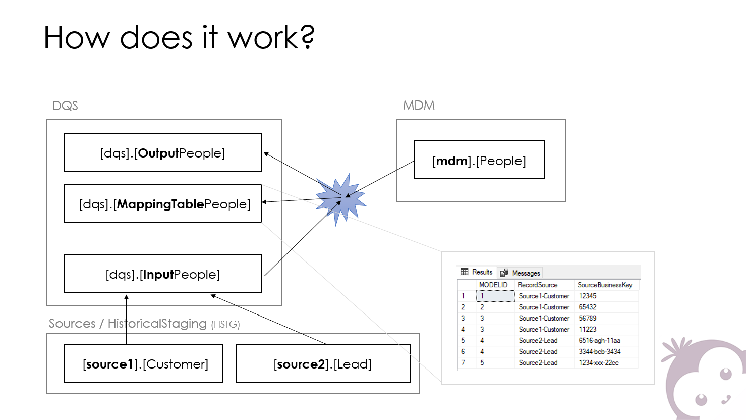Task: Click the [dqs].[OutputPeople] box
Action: [162, 152]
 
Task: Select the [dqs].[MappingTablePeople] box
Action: [162, 203]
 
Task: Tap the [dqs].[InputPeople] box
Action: [162, 274]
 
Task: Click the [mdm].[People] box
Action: [479, 160]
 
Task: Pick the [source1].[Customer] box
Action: [144, 363]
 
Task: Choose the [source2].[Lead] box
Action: [323, 363]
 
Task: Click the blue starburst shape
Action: [340, 199]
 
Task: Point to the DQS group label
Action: [65, 106]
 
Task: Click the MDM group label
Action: [419, 106]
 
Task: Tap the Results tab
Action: [477, 272]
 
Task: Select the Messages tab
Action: [521, 273]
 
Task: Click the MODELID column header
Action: [493, 285]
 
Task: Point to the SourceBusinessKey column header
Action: [605, 285]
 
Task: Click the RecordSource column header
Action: [538, 285]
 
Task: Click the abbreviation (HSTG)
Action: [225, 324]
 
